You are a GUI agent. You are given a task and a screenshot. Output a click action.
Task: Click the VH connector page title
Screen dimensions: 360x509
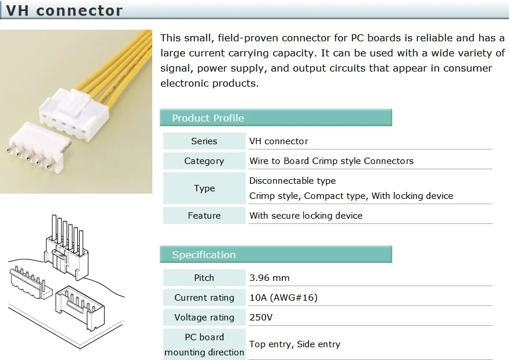[64, 11]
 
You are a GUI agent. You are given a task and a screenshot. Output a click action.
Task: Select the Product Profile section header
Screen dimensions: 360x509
[207, 118]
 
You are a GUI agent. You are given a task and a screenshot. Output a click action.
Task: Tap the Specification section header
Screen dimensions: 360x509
[203, 255]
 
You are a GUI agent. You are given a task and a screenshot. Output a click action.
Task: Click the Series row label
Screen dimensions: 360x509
[204, 141]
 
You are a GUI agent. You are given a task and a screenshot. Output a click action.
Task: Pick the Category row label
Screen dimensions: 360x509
[204, 161]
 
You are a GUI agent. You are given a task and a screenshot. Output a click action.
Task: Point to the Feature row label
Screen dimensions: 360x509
[204, 216]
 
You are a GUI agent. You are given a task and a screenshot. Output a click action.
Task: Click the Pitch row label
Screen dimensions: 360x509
[204, 278]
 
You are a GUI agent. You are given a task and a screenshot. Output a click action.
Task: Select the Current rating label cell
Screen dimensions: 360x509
[204, 298]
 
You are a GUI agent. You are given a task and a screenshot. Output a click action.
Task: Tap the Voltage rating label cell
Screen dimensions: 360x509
[204, 318]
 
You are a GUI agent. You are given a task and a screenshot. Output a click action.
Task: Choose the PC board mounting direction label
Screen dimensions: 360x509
[204, 344]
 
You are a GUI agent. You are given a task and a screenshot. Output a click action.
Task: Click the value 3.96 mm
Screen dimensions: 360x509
[269, 278]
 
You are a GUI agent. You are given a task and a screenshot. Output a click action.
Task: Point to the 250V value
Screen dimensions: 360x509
[261, 318]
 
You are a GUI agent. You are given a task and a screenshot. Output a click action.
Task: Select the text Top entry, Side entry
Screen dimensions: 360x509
[295, 344]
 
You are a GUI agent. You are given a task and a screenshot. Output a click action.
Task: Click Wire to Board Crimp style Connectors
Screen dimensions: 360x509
[331, 161]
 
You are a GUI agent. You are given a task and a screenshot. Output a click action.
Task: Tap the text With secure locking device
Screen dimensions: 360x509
[306, 216]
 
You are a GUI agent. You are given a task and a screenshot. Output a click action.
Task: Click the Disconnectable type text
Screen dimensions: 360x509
[292, 181]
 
